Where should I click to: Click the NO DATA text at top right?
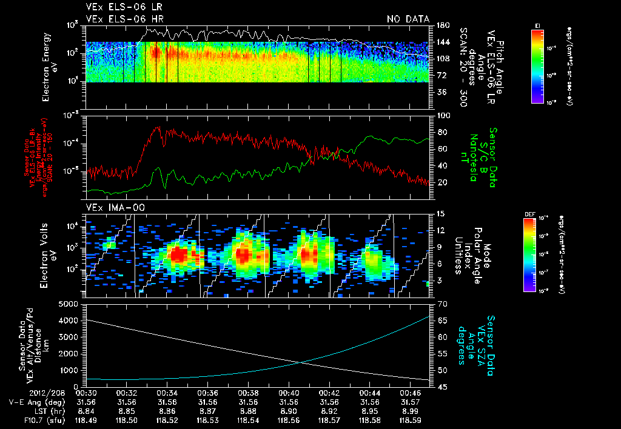coord(408,19)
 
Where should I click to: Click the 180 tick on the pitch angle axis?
coord(441,25)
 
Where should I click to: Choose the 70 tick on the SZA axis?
coord(441,304)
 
